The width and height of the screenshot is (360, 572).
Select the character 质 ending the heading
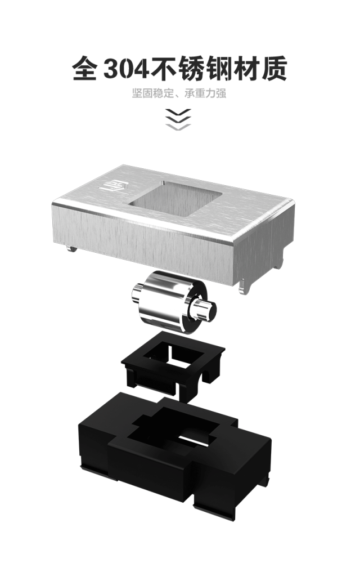[x=274, y=68]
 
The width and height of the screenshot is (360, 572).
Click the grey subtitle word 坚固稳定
[x=152, y=93]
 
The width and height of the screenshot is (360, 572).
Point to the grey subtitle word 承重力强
[x=205, y=93]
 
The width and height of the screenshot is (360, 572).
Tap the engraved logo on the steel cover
[x=112, y=185]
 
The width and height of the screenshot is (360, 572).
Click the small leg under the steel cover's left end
[x=72, y=249]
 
